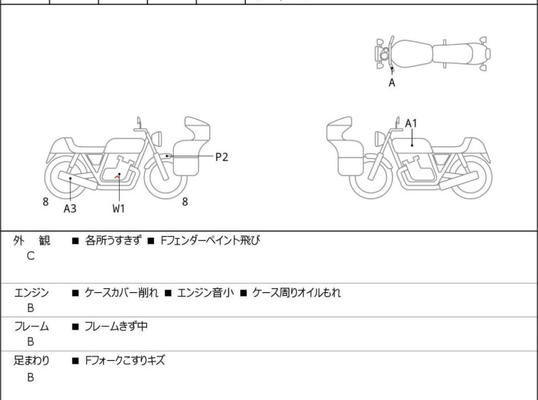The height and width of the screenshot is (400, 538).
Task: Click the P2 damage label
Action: [x=222, y=157]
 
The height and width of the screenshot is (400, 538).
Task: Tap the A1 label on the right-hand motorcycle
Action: [x=411, y=123]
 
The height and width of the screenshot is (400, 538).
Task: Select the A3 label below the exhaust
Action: [x=70, y=209]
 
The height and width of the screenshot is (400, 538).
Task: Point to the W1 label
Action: [x=118, y=209]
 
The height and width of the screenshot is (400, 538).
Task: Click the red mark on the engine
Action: [x=119, y=175]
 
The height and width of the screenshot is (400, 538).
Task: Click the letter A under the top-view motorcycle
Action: [x=391, y=83]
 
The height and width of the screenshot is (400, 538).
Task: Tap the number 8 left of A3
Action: [x=46, y=202]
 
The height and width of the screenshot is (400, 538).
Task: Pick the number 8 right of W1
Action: [x=185, y=202]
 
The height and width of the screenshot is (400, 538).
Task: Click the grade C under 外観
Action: [x=31, y=255]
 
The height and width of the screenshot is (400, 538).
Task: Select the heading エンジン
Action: [x=31, y=292]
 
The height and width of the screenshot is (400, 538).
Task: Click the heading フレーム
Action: [x=31, y=327]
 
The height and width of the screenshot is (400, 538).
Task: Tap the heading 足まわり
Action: [x=31, y=361]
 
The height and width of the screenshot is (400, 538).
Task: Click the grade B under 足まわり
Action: [x=31, y=377]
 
